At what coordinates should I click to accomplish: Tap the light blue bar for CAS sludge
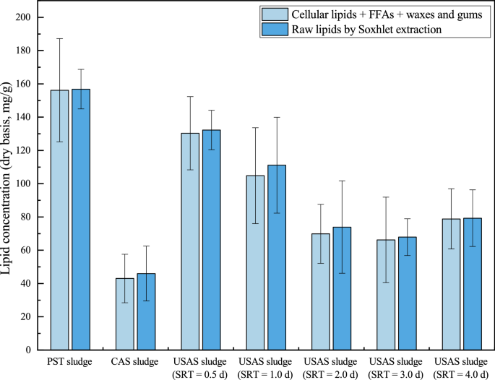pyautogui.click(x=125, y=314)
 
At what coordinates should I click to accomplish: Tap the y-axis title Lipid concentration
pyautogui.click(x=8, y=183)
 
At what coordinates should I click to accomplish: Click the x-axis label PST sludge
pyautogui.click(x=70, y=362)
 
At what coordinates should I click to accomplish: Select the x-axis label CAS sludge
pyautogui.click(x=135, y=362)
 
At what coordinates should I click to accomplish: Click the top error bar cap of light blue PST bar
pyautogui.click(x=59, y=38)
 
